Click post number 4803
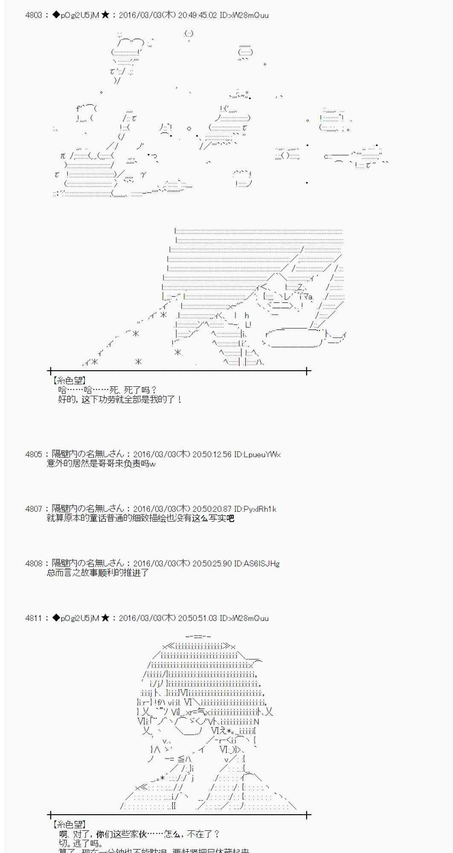click(34, 15)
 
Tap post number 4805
click(34, 455)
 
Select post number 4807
click(34, 509)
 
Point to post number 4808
click(34, 563)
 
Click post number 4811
click(34, 618)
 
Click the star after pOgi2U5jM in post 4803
click(105, 15)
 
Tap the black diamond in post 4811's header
click(56, 618)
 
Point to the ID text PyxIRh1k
click(255, 509)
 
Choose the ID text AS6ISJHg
click(257, 563)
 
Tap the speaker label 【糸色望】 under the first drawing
click(69, 380)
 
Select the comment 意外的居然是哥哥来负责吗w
click(101, 464)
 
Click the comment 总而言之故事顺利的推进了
click(98, 573)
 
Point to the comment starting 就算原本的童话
click(140, 519)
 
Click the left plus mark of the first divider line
click(50, 371)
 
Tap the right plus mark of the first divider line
click(307, 371)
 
